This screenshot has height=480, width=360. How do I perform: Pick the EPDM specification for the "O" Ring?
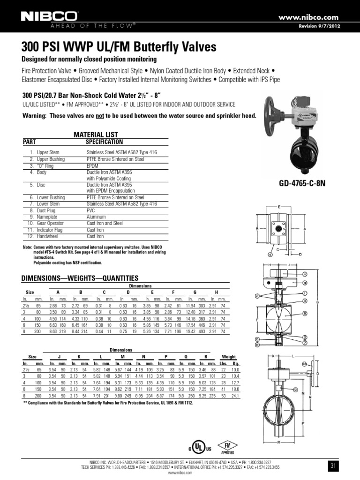coord(93,165)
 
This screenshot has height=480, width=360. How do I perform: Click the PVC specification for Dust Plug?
coord(90,211)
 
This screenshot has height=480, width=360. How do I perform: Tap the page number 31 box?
coord(333,466)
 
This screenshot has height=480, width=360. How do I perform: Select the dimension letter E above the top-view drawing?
coord(279,207)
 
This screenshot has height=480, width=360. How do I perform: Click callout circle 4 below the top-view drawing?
coord(270,255)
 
